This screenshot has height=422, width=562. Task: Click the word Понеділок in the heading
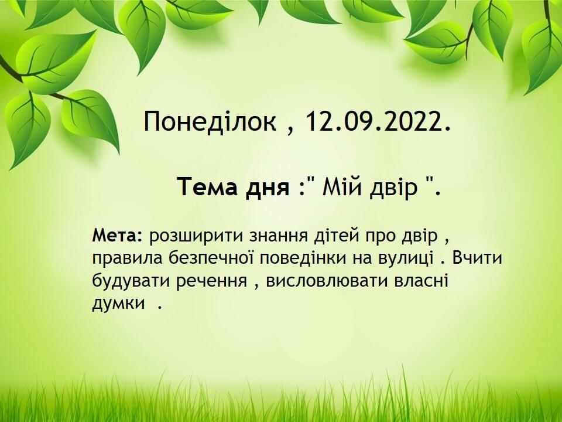210,122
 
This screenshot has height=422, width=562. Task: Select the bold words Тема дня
234,188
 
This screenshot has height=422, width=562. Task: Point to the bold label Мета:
117,236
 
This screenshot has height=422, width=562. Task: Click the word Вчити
477,258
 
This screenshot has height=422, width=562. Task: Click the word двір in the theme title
393,188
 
